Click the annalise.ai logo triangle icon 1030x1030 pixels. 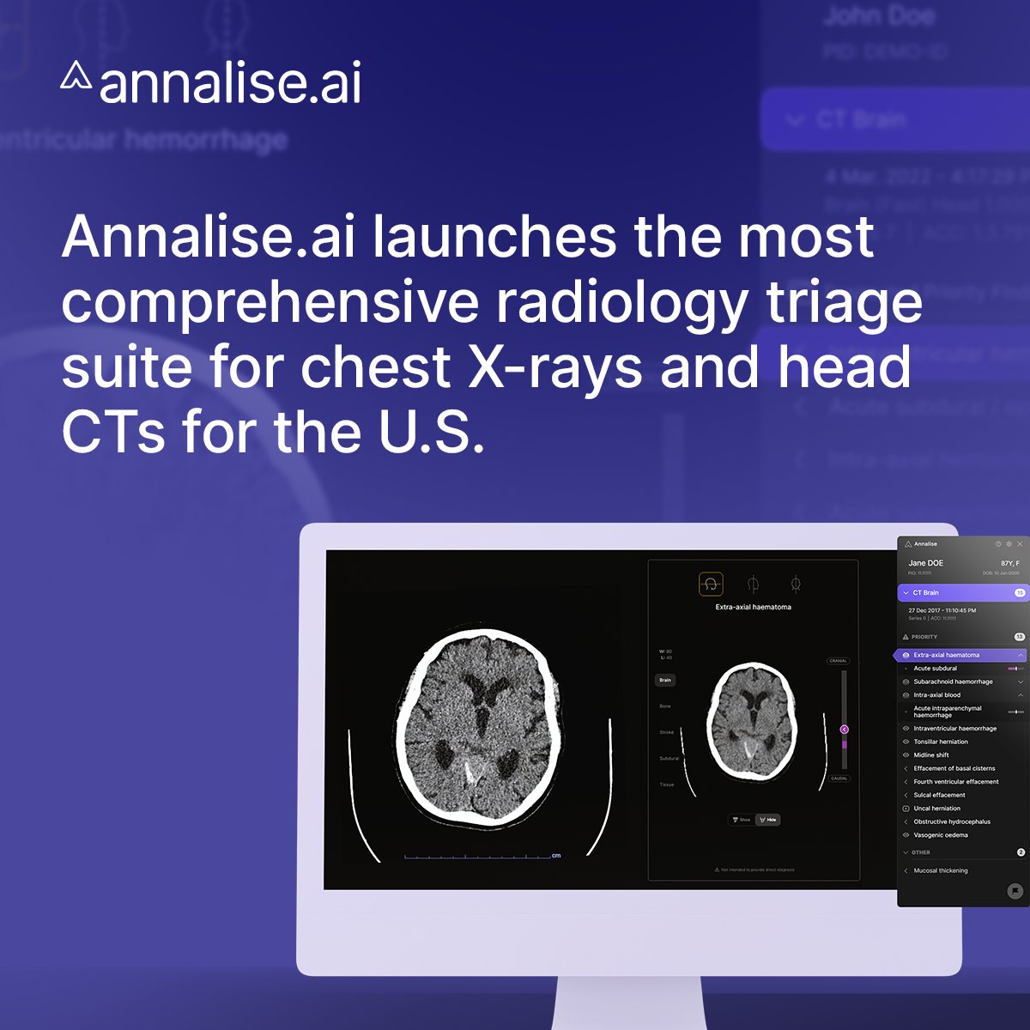pyautogui.click(x=76, y=76)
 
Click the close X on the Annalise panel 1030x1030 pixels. pyautogui.click(x=1020, y=544)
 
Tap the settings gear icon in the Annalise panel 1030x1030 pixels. pyautogui.click(x=1009, y=544)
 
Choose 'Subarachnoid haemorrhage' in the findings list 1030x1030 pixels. pyautogui.click(x=953, y=682)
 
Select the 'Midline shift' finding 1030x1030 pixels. pyautogui.click(x=931, y=755)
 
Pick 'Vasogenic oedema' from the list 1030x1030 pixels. pyautogui.click(x=940, y=835)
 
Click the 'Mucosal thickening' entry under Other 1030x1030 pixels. pyautogui.click(x=940, y=870)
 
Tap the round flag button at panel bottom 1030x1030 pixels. pyautogui.click(x=1015, y=892)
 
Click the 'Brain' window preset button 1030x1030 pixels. pyautogui.click(x=665, y=680)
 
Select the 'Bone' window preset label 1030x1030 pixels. pyautogui.click(x=665, y=706)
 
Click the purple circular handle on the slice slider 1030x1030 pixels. pyautogui.click(x=844, y=730)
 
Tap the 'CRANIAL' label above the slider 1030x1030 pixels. pyautogui.click(x=838, y=661)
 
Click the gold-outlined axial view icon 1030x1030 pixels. pyautogui.click(x=711, y=585)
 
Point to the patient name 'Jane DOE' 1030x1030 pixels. pyautogui.click(x=925, y=563)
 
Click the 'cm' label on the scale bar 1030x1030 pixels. pyautogui.click(x=556, y=856)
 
